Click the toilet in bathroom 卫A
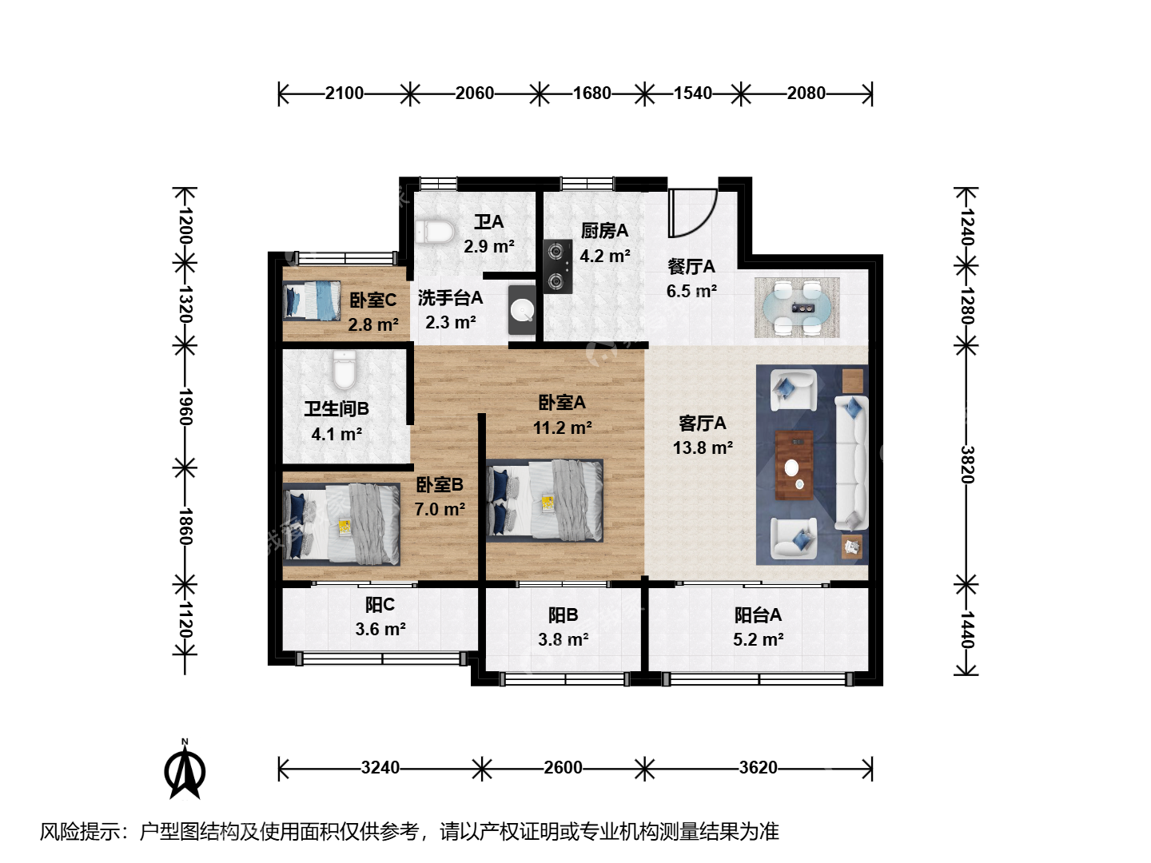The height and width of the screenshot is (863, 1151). click(x=436, y=232)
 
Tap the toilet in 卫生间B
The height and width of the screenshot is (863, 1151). click(x=344, y=369)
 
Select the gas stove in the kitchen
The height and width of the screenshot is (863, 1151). click(x=557, y=266)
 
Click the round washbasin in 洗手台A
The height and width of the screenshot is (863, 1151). click(x=522, y=311)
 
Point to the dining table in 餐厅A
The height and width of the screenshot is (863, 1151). click(x=797, y=308)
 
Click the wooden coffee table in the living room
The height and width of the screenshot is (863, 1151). click(x=795, y=465)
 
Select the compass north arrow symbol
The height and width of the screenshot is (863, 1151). click(x=185, y=770)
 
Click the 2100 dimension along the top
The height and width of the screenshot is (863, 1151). click(x=344, y=93)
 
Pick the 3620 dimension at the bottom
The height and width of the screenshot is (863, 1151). click(x=759, y=768)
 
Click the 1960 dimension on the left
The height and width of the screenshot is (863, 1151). click(x=185, y=407)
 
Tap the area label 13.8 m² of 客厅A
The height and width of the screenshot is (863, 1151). click(x=703, y=448)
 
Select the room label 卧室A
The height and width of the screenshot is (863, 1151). click(x=562, y=403)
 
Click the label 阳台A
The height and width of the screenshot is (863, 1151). click(x=758, y=614)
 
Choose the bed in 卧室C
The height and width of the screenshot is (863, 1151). click(x=312, y=300)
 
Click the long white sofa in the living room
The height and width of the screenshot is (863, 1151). click(x=851, y=463)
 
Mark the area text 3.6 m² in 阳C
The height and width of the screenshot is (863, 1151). click(x=380, y=629)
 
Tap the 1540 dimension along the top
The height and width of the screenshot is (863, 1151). click(x=693, y=93)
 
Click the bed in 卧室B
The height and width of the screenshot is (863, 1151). click(x=341, y=524)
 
